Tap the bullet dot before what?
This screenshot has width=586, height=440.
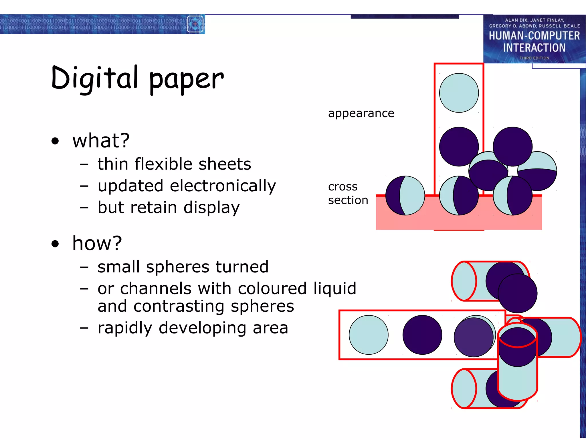tap(55, 141)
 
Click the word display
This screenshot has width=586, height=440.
tap(211, 207)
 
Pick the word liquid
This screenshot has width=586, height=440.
tap(335, 288)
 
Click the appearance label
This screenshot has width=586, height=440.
tap(361, 113)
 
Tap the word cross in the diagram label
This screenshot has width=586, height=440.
tap(343, 187)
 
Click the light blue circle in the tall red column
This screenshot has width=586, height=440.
tap(459, 93)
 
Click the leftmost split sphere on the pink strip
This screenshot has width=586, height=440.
tap(405, 195)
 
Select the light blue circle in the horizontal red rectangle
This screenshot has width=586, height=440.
tap(369, 335)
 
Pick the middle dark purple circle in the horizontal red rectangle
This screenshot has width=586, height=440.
tap(422, 335)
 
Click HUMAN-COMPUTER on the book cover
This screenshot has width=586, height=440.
tap(534, 36)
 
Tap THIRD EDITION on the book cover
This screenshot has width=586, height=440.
tap(534, 58)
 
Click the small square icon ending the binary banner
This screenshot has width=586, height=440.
tap(195, 24)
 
